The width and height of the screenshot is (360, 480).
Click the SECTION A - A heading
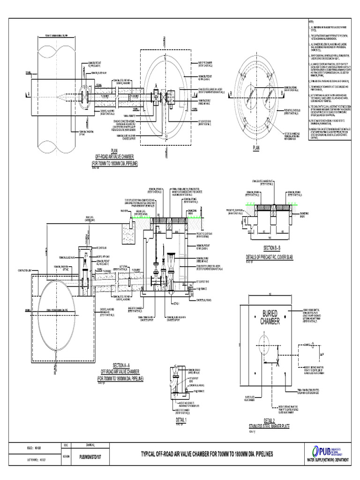tap(120, 366)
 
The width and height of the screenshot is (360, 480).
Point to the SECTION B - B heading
tap(269, 247)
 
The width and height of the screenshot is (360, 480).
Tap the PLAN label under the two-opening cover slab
tap(256, 148)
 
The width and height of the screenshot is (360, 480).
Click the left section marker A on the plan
tap(29, 93)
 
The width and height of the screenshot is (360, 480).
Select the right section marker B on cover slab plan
tap(282, 94)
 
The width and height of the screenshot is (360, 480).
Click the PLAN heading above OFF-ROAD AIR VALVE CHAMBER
tap(114, 150)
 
